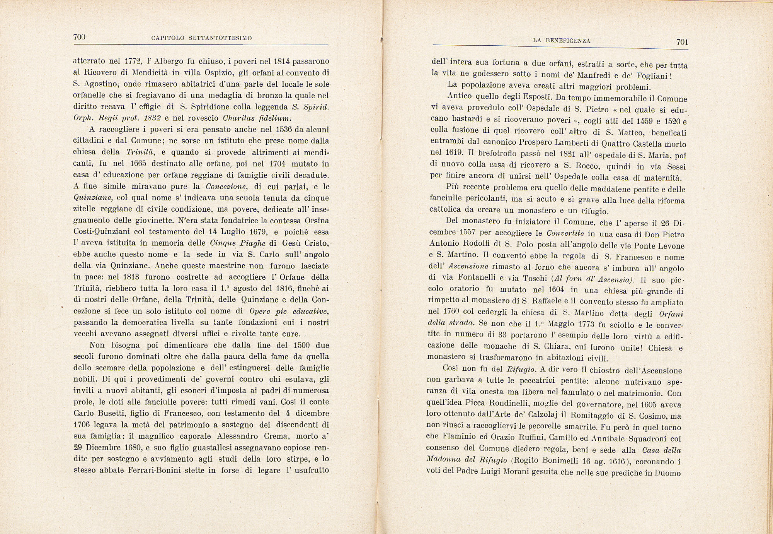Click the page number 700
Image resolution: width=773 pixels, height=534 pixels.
tap(79, 37)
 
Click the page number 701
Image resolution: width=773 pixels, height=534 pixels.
tap(682, 42)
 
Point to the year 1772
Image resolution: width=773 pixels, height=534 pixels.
tap(134, 61)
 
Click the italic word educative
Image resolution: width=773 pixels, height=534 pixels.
tap(310, 311)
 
